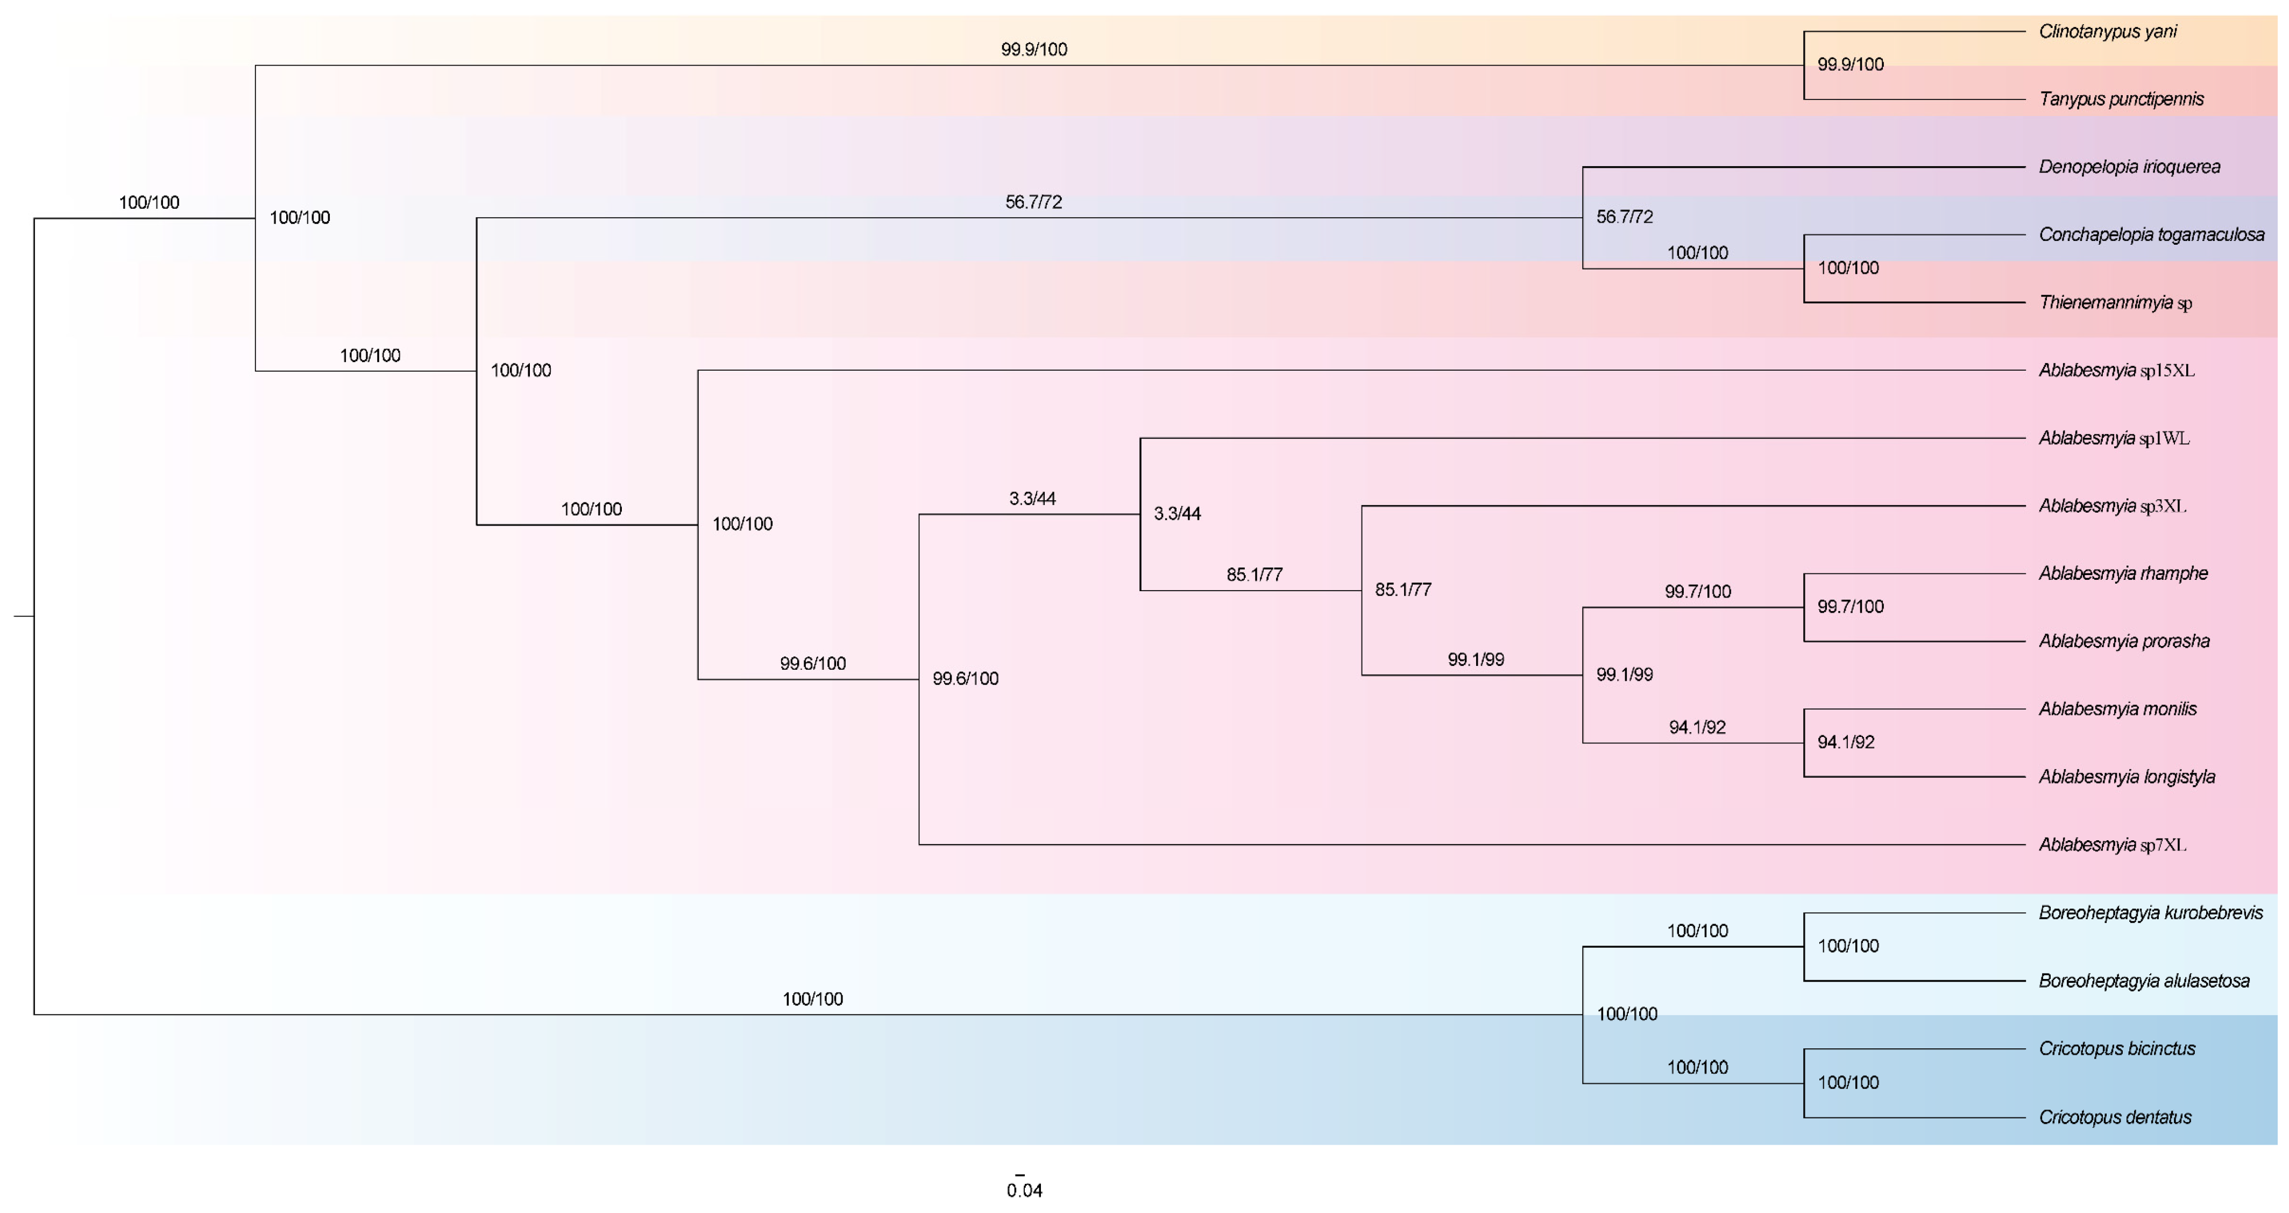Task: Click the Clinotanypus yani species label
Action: point(2107,32)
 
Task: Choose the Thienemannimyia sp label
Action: point(2114,303)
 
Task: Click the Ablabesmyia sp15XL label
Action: point(2116,371)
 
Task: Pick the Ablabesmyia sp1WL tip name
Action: point(2113,438)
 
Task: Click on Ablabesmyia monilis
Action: point(2117,709)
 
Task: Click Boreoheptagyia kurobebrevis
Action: point(2150,913)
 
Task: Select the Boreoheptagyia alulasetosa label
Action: point(2143,981)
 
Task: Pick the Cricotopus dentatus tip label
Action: point(2114,1118)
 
